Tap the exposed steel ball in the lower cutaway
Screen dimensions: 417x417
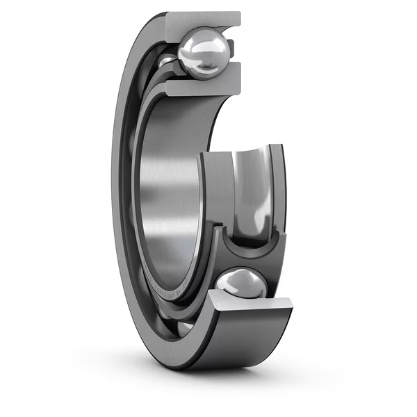240,285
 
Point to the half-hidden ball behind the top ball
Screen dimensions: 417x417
167,63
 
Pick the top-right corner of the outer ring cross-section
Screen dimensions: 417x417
239,14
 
